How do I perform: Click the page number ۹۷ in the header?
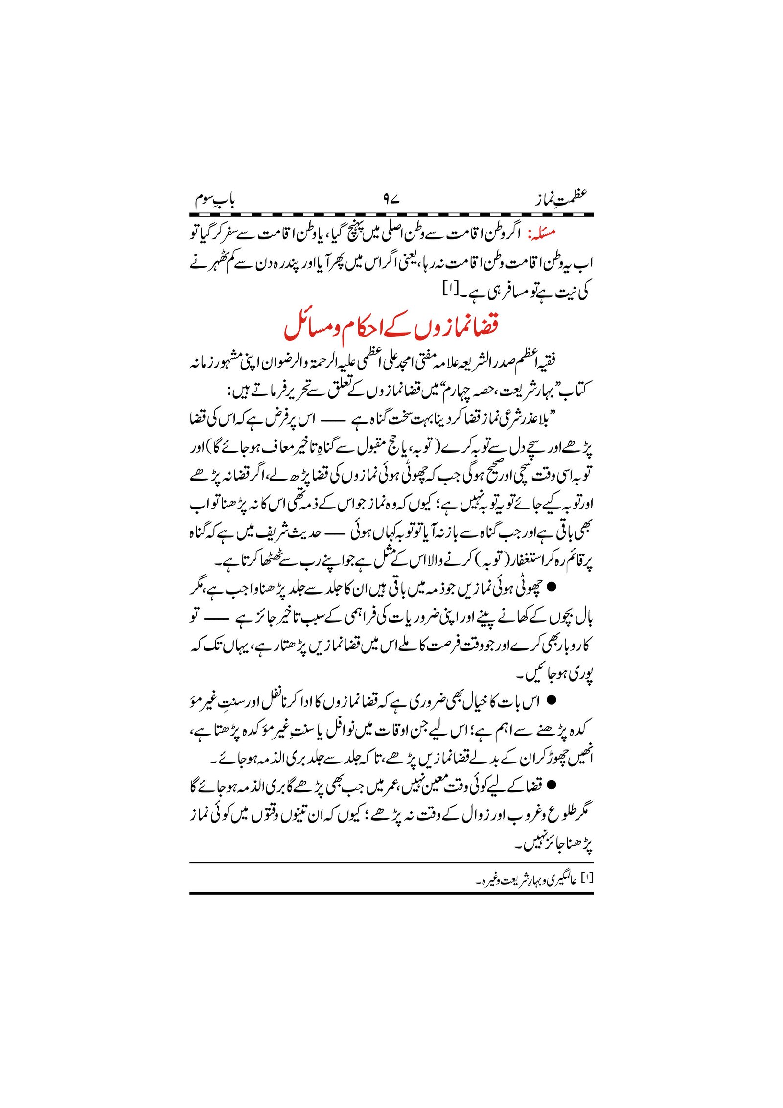(391, 199)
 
